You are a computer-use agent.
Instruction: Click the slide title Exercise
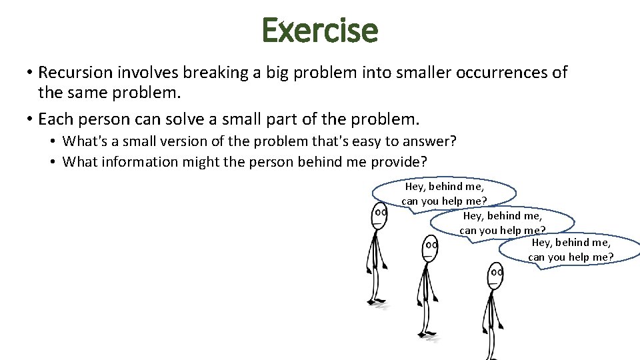click(x=320, y=30)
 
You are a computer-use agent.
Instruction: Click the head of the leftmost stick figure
click(x=380, y=215)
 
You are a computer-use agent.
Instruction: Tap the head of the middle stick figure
click(x=431, y=248)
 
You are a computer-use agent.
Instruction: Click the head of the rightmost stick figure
click(x=495, y=273)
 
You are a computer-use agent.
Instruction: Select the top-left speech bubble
click(x=444, y=193)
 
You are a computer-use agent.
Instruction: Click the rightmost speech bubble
click(x=571, y=250)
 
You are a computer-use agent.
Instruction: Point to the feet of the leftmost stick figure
click(x=376, y=303)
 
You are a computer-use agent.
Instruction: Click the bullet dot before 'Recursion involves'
click(x=30, y=73)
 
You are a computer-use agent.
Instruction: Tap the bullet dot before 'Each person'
click(x=30, y=120)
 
